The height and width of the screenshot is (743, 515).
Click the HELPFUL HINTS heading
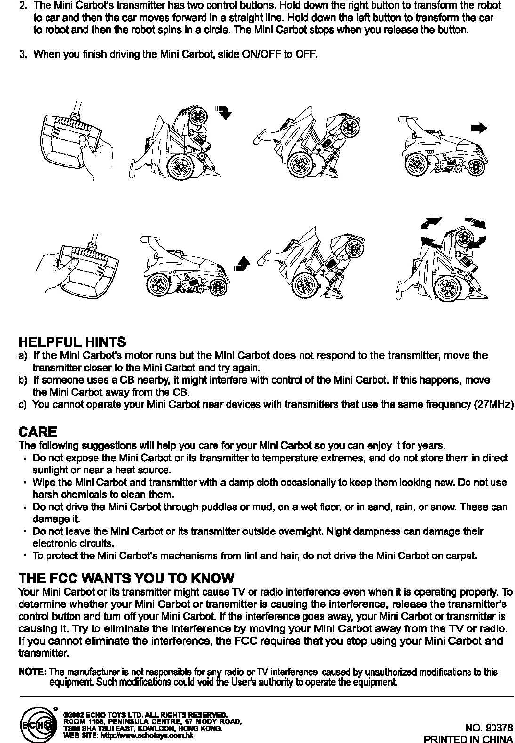tap(72, 342)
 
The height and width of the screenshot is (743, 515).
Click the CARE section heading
tap(38, 432)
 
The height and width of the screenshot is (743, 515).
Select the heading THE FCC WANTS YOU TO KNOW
tap(126, 578)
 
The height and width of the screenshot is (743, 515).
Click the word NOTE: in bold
tap(32, 672)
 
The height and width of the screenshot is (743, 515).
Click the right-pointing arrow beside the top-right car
tap(478, 128)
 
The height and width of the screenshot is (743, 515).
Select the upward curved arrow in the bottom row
tap(241, 264)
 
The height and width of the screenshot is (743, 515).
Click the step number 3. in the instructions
tap(23, 54)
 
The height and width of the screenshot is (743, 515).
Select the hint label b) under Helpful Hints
tap(22, 380)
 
